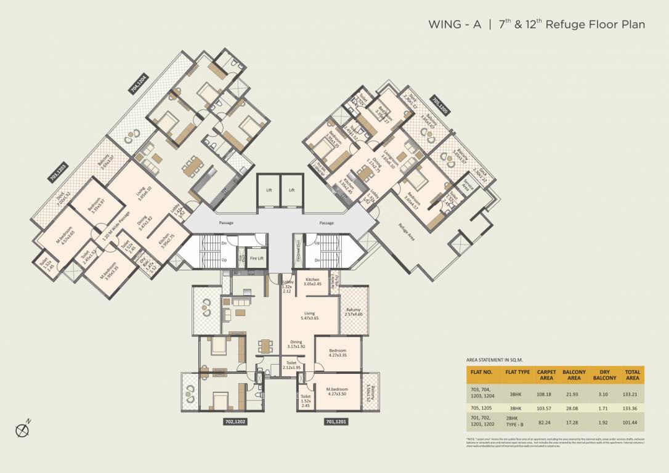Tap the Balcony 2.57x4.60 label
(x=354, y=312)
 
